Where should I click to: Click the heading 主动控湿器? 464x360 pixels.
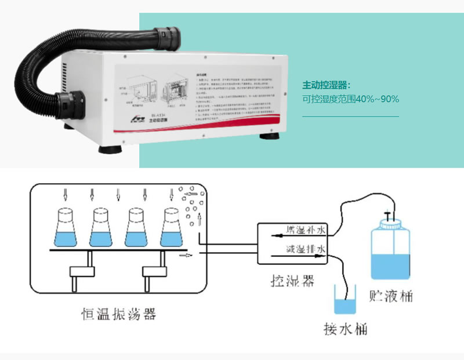point(327,85)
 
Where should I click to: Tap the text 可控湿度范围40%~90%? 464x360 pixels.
point(350,99)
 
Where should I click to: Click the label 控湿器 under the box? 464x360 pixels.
point(292,281)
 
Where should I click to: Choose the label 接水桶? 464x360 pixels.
point(345,329)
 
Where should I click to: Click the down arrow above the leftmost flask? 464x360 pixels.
point(65,193)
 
